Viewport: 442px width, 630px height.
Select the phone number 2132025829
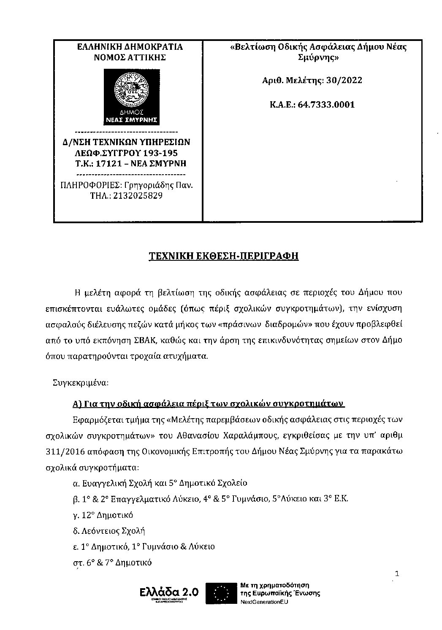pos(139,196)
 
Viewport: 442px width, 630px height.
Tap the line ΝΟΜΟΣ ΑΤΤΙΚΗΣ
pos(130,57)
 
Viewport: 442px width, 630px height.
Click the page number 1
pos(396,573)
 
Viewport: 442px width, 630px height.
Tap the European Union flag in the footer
pos(220,594)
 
